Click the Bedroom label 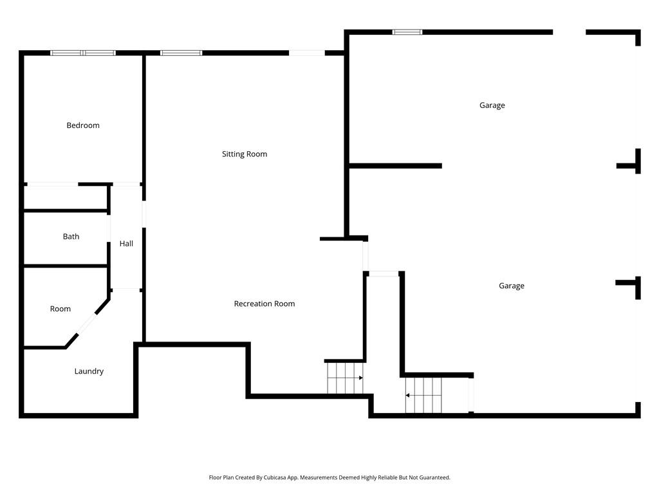[x=83, y=125]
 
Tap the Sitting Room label [x=245, y=154]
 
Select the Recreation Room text [x=265, y=304]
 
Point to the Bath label [x=71, y=237]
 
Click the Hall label [x=126, y=244]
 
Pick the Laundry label [x=89, y=371]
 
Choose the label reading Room [x=60, y=309]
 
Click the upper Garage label [x=492, y=105]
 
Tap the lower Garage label [x=512, y=286]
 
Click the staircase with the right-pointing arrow [x=345, y=378]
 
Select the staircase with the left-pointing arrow [x=424, y=396]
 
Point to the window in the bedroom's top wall [x=83, y=53]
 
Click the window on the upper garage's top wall [x=407, y=32]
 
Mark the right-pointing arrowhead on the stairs [x=361, y=378]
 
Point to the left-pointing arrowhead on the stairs [x=407, y=396]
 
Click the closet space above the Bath [x=66, y=198]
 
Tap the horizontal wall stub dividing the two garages [x=395, y=166]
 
